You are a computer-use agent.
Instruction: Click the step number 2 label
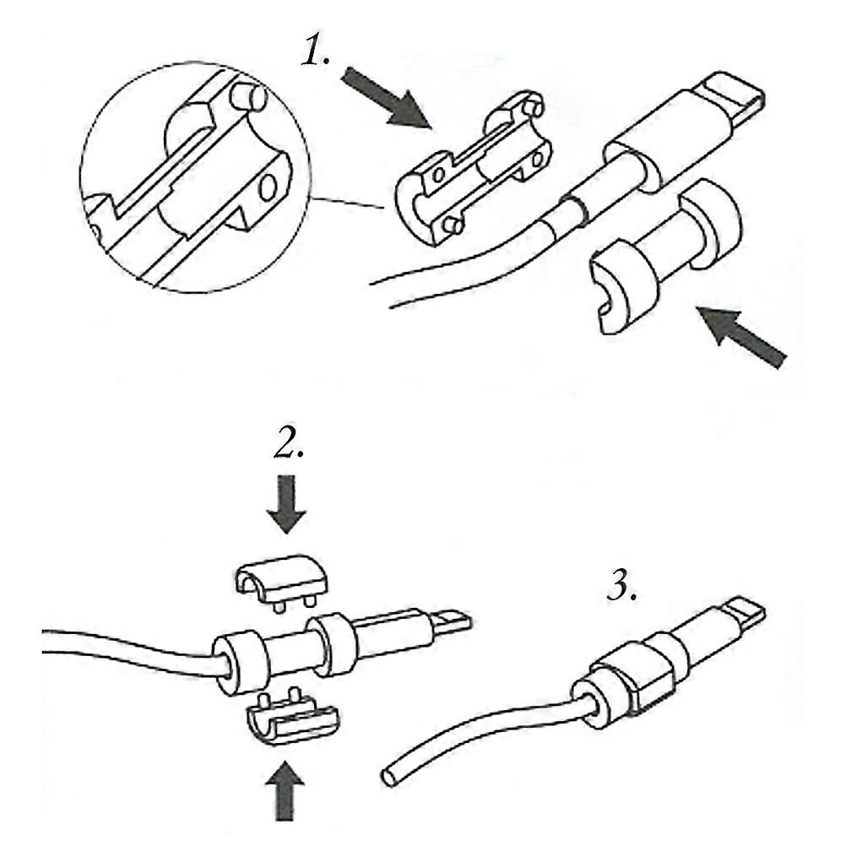[x=289, y=442]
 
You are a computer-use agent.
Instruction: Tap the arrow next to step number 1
[x=387, y=98]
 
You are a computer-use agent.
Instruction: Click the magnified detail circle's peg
[x=247, y=98]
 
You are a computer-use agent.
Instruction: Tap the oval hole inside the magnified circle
[x=267, y=187]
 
